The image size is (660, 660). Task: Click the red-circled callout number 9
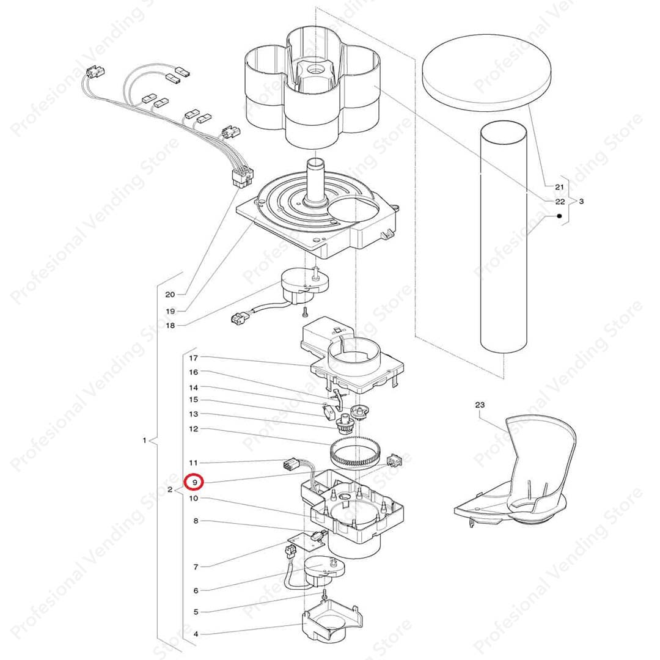pyautogui.click(x=194, y=482)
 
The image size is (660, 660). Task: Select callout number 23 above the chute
pyautogui.click(x=480, y=405)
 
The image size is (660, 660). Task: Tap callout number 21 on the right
pyautogui.click(x=559, y=187)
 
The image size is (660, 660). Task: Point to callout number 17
pyautogui.click(x=193, y=358)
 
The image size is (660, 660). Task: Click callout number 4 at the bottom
pyautogui.click(x=196, y=634)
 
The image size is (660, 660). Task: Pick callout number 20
pyautogui.click(x=170, y=295)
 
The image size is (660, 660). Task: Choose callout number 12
pyautogui.click(x=193, y=430)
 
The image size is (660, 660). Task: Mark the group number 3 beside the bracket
pyautogui.click(x=581, y=201)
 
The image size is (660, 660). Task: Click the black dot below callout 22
pyautogui.click(x=559, y=216)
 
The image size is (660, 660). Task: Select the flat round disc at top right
pyautogui.click(x=486, y=72)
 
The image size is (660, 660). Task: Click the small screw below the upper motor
pyautogui.click(x=305, y=312)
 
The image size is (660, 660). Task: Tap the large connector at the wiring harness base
pyautogui.click(x=243, y=176)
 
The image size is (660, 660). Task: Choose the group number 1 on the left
pyautogui.click(x=144, y=440)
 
